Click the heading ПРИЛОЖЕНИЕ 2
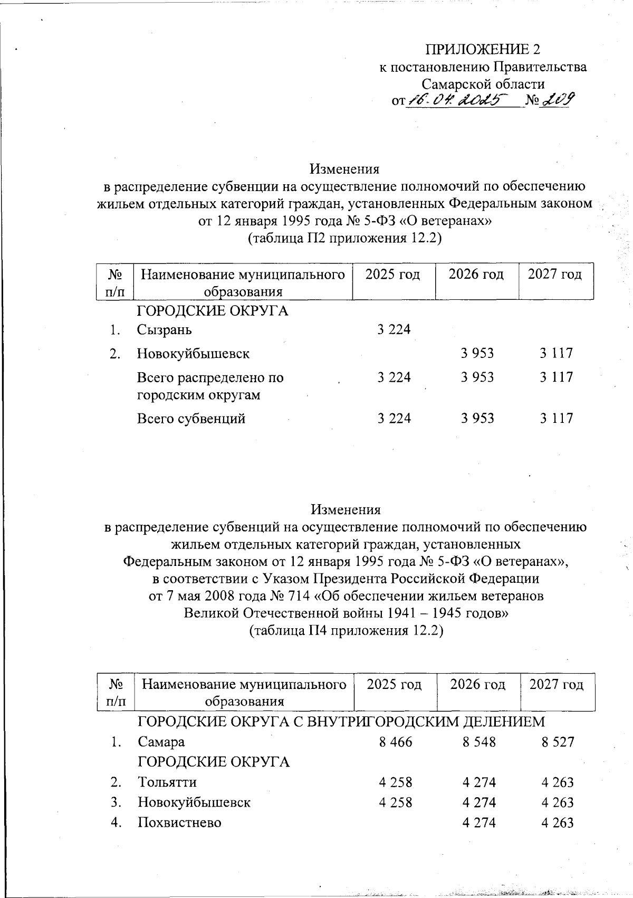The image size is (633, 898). pyautogui.click(x=483, y=50)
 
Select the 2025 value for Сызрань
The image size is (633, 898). pyautogui.click(x=394, y=330)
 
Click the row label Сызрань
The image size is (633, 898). pyautogui.click(x=164, y=330)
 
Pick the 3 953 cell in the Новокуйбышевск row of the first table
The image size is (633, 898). pyautogui.click(x=477, y=353)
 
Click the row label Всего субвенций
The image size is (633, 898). pyautogui.click(x=191, y=419)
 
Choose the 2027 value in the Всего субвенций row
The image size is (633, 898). pyautogui.click(x=556, y=419)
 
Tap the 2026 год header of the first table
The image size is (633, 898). pyautogui.click(x=476, y=275)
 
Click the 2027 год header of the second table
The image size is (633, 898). pyautogui.click(x=557, y=685)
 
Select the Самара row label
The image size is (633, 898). pyautogui.click(x=161, y=742)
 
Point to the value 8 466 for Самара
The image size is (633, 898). pyautogui.click(x=396, y=742)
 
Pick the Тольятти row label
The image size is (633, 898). pyautogui.click(x=167, y=782)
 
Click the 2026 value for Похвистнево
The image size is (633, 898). pyautogui.click(x=479, y=823)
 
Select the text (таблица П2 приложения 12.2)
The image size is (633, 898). pyautogui.click(x=344, y=239)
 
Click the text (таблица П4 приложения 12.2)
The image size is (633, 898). pyautogui.click(x=346, y=630)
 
